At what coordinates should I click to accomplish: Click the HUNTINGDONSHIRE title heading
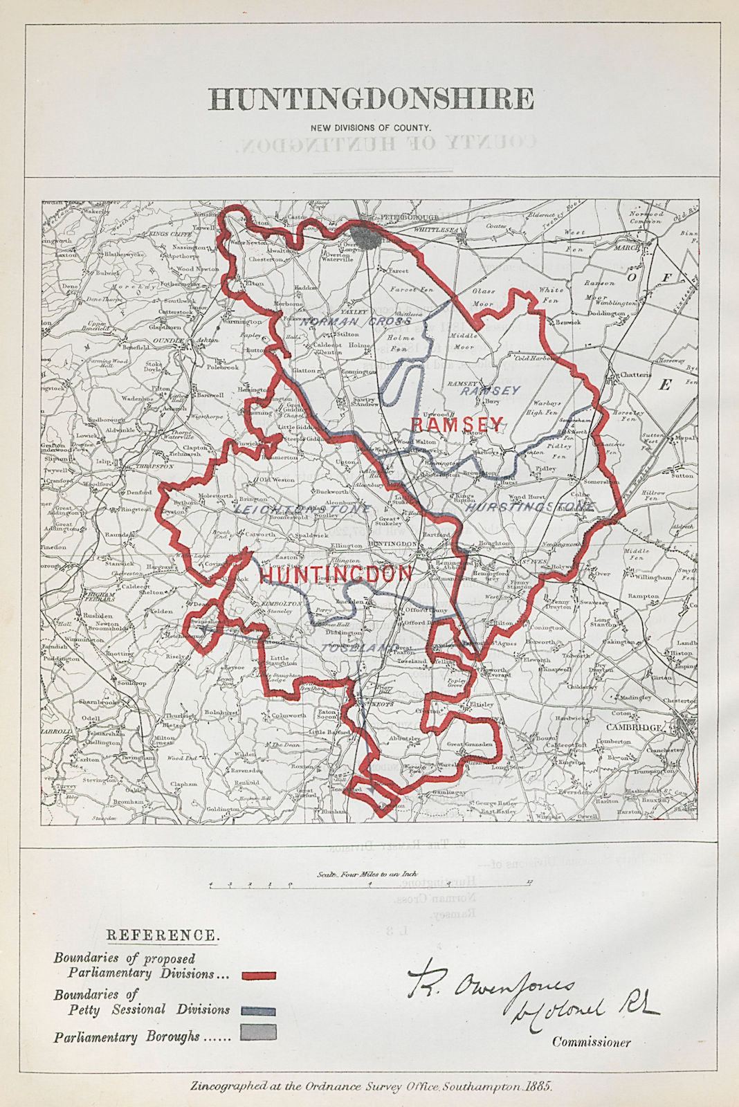click(x=371, y=99)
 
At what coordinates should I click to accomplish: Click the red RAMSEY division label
click(x=457, y=424)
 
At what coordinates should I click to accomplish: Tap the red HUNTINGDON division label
click(x=336, y=574)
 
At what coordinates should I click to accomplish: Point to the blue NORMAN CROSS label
click(x=356, y=321)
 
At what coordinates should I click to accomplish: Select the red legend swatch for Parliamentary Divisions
click(x=259, y=976)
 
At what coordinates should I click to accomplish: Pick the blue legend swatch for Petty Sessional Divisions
click(x=259, y=1011)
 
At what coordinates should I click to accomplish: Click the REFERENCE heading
click(x=163, y=935)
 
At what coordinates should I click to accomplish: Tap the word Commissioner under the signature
click(x=591, y=1042)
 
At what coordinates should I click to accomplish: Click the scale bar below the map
click(x=370, y=884)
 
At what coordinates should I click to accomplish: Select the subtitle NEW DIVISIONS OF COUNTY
click(x=371, y=128)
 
